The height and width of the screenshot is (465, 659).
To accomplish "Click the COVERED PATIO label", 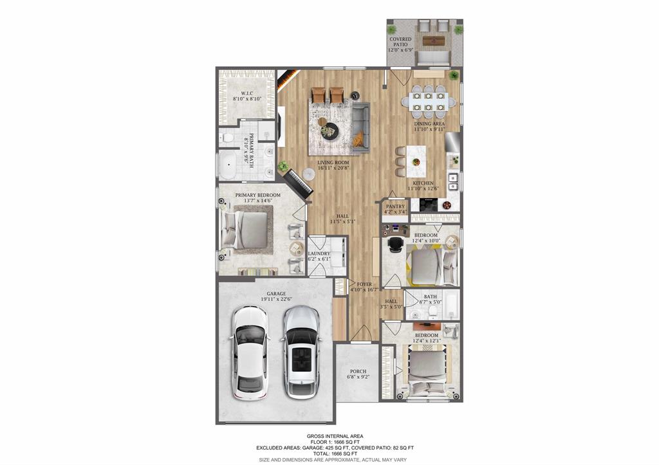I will click(400, 44).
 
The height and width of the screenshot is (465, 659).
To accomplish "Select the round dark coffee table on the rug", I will click(329, 130).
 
